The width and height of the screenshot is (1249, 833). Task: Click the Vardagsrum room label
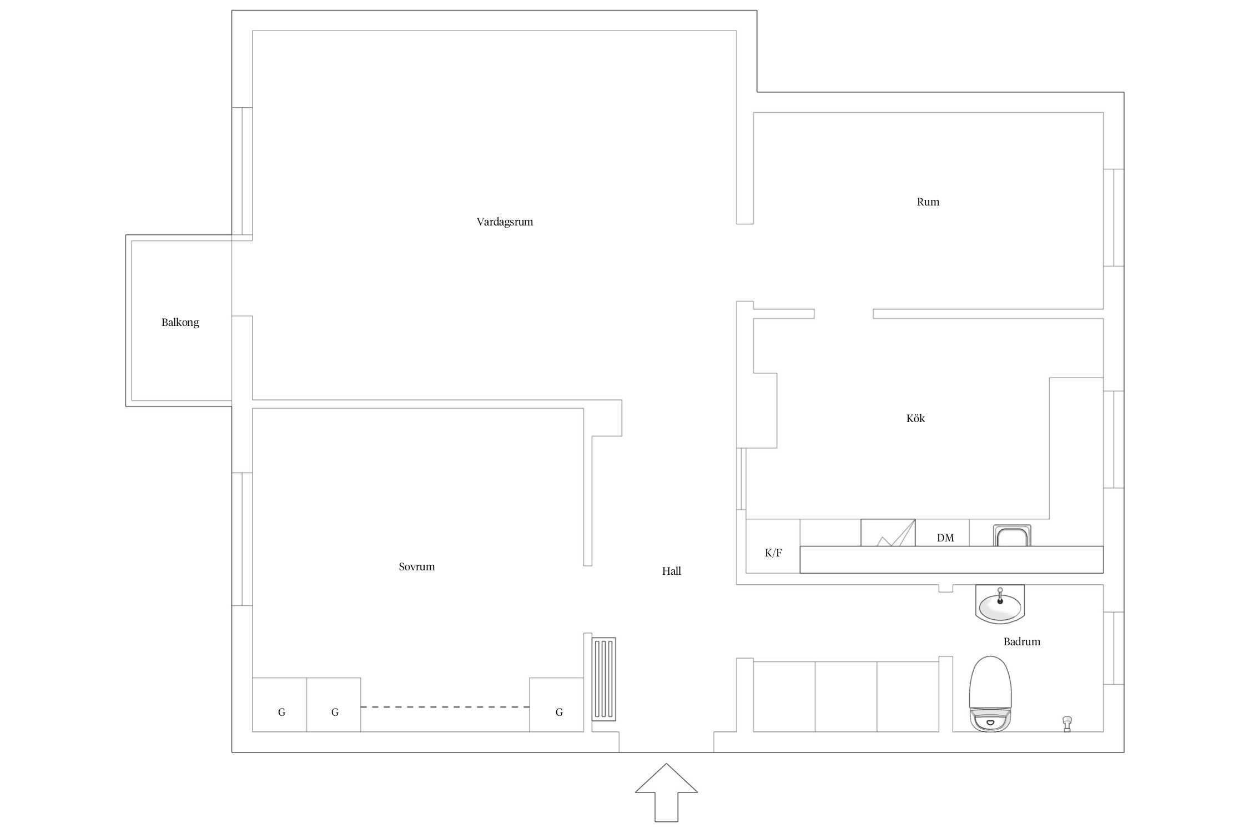coord(505,222)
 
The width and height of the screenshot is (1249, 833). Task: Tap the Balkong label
coord(180,323)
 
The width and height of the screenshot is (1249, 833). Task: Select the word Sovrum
coord(416,567)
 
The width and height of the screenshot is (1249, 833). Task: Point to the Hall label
coord(671,571)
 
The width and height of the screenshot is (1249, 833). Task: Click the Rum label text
coord(928,202)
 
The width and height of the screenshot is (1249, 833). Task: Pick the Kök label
coord(915,418)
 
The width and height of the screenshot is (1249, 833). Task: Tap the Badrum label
coord(1021,641)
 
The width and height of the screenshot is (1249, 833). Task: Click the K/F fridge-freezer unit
coord(773,546)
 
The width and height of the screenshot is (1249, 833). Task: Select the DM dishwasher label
coord(945,538)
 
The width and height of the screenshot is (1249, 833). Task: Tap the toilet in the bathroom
coord(990,694)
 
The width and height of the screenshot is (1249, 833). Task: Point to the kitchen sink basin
coord(1012,536)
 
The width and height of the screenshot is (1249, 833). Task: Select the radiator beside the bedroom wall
coord(604,679)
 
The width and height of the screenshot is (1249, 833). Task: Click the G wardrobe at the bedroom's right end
coord(556,705)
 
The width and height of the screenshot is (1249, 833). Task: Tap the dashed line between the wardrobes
coord(445,707)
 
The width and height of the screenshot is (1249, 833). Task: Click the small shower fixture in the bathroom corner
coord(1066,724)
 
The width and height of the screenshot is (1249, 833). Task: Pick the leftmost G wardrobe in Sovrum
coord(279,705)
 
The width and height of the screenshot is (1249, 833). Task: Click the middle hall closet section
coord(846,696)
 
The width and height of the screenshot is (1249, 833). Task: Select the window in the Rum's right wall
coord(1114,218)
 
